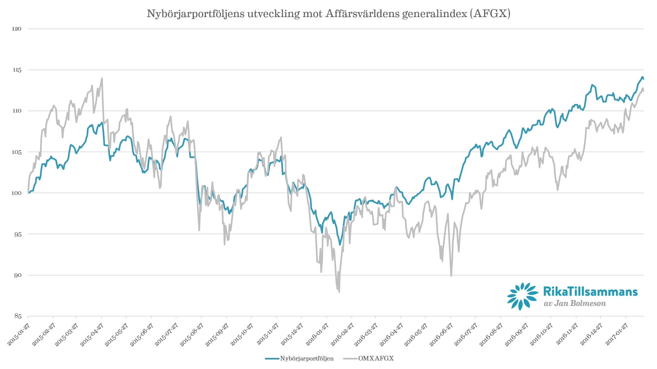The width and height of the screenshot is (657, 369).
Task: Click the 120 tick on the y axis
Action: click(x=17, y=29)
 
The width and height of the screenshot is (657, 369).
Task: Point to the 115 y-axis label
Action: click(x=17, y=70)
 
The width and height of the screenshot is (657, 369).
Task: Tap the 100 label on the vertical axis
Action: click(x=17, y=193)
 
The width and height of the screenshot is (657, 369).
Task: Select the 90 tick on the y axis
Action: click(x=17, y=275)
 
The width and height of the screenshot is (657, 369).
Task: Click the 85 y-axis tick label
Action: click(x=17, y=316)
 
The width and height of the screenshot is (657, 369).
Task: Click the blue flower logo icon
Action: click(x=522, y=296)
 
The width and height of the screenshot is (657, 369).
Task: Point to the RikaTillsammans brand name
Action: click(x=590, y=291)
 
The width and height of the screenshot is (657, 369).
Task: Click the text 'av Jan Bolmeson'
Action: click(x=575, y=303)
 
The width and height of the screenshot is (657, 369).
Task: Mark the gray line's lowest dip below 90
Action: click(x=339, y=292)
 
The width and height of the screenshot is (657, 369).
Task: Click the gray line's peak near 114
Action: click(x=102, y=78)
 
